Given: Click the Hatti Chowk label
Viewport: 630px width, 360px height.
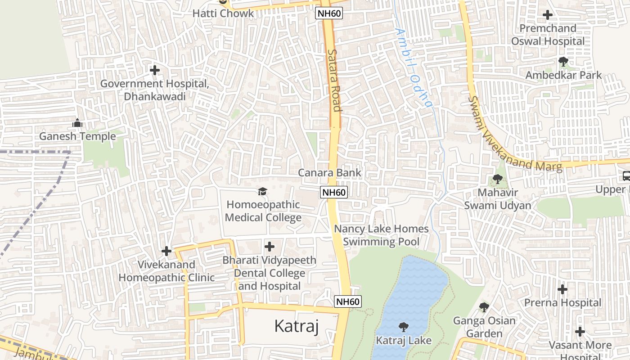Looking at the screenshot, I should [x=223, y=13].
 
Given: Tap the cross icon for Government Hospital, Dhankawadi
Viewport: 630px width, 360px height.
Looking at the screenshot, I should [x=155, y=70].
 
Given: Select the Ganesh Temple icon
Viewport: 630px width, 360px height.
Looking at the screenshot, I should [x=77, y=123].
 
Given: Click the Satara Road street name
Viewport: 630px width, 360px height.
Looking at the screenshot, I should [x=334, y=80].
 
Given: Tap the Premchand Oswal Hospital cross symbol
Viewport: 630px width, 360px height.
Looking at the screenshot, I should [x=548, y=15].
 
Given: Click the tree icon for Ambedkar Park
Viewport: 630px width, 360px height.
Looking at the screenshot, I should [x=563, y=62].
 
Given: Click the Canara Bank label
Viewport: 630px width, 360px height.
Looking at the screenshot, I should [x=329, y=173].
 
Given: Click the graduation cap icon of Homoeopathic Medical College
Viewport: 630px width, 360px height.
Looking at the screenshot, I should [x=262, y=192].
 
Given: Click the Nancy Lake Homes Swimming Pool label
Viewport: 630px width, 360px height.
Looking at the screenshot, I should [x=381, y=235].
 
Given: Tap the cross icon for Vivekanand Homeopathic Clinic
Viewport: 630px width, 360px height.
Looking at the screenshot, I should [x=166, y=251].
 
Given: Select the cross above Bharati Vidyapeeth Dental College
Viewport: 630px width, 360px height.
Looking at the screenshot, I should [x=270, y=247].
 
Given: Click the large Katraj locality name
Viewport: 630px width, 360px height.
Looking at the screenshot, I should [x=296, y=326].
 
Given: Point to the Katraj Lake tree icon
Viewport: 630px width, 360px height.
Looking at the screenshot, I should [x=404, y=327].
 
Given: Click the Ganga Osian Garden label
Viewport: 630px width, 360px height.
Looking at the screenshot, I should [x=484, y=327].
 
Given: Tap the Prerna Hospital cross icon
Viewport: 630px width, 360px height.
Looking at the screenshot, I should [x=562, y=289].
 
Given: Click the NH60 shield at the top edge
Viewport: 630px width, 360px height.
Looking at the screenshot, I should [x=329, y=13].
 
